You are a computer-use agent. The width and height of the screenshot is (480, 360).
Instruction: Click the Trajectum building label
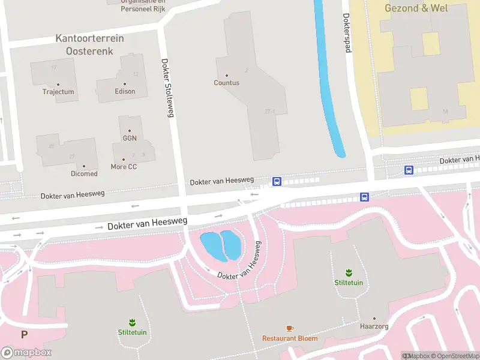[58, 92]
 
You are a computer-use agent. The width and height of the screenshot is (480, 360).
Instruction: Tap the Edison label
[125, 91]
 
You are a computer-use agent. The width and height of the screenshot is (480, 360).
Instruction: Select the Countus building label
[226, 83]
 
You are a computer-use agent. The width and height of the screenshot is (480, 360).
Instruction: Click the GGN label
[130, 138]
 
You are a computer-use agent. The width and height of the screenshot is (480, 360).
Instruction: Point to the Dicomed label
[84, 173]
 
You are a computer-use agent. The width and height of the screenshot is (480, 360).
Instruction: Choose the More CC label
[124, 166]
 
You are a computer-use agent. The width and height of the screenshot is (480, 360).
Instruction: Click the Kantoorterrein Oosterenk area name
[89, 45]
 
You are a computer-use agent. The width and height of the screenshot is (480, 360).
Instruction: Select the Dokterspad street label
[346, 33]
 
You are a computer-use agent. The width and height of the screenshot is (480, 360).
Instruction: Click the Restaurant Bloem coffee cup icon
[290, 328]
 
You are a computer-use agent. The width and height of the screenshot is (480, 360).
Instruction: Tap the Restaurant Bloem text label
[290, 338]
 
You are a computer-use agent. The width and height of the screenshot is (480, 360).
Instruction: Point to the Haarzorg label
[374, 327]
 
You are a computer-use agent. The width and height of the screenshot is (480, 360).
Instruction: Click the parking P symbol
[24, 335]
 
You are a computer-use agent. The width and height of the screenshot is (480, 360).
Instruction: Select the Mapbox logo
[26, 352]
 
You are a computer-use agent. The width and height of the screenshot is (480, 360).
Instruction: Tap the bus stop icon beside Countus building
[277, 181]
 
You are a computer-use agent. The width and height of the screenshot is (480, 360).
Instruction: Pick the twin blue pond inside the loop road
[221, 245]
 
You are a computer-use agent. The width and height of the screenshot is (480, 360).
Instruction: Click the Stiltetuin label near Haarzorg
[349, 283]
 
